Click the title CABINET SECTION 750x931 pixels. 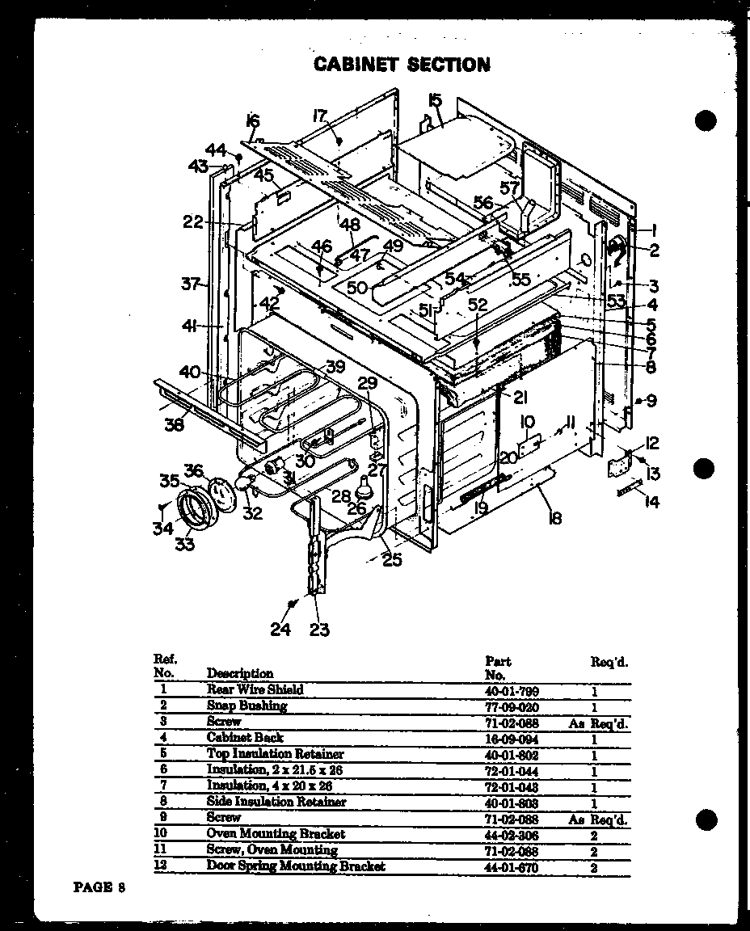click(x=402, y=64)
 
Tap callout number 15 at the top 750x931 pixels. click(x=435, y=100)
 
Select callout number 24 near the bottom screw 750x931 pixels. click(x=280, y=629)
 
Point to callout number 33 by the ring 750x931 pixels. click(x=185, y=544)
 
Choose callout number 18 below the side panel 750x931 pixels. click(x=554, y=518)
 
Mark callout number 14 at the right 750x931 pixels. click(x=651, y=502)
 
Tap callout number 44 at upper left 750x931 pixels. click(x=216, y=150)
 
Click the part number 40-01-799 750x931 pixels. click(x=512, y=691)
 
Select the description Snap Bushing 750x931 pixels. click(x=246, y=706)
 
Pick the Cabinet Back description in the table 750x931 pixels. click(x=245, y=737)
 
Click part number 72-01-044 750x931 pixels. click(x=512, y=771)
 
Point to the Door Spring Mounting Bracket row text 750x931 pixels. click(x=296, y=866)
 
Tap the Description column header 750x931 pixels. click(x=240, y=673)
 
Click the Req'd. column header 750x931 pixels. click(x=609, y=662)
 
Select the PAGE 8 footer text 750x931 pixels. click(x=99, y=887)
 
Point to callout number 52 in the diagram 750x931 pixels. click(x=478, y=305)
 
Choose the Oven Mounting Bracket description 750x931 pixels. click(x=276, y=834)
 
